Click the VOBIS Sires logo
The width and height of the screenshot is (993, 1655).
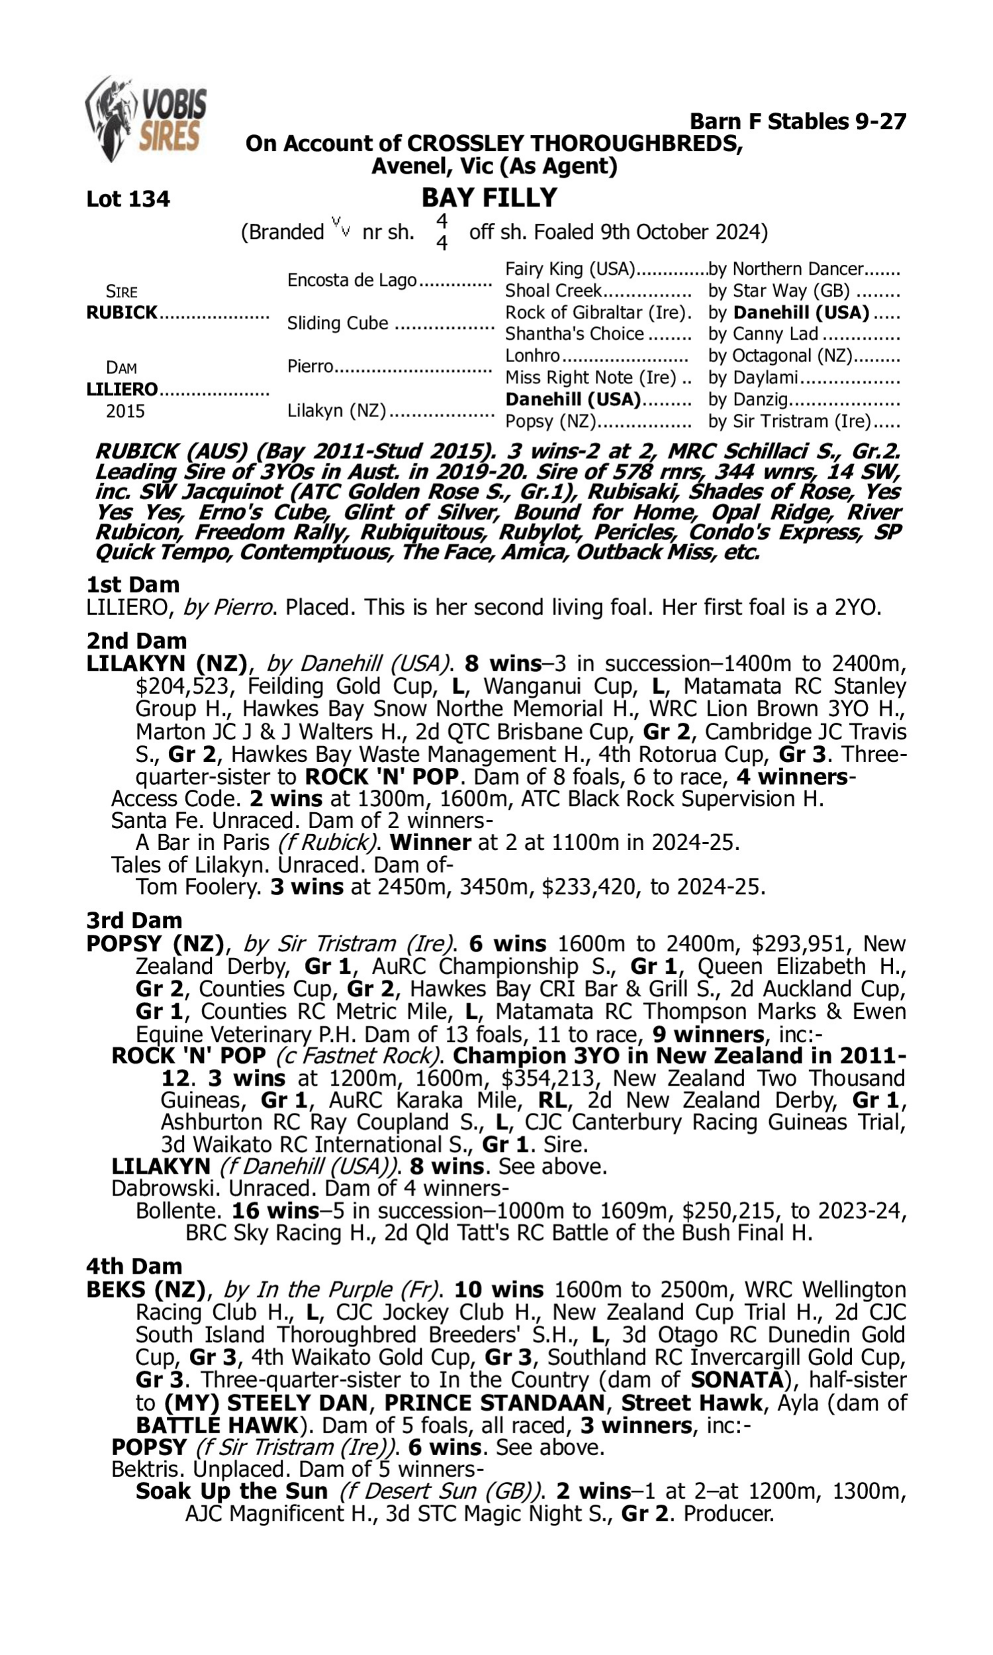(x=146, y=119)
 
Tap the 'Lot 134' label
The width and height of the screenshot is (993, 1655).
(x=128, y=199)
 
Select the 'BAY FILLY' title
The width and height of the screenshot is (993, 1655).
(x=489, y=197)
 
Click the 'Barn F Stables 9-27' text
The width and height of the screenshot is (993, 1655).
(x=798, y=121)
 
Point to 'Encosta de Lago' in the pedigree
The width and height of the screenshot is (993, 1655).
(x=352, y=279)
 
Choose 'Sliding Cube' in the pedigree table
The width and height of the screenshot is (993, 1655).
(x=337, y=323)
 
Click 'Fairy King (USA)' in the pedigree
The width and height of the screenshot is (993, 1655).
(x=569, y=269)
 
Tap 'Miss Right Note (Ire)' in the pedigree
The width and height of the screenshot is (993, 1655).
(x=591, y=377)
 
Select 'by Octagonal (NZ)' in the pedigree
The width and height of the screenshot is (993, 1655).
(x=780, y=356)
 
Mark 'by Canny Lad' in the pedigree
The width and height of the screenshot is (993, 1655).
(x=763, y=334)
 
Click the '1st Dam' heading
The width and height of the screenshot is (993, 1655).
(x=132, y=585)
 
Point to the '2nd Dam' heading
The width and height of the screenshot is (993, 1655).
(x=136, y=641)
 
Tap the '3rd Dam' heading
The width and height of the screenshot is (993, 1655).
(x=134, y=920)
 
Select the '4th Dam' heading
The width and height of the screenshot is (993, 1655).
(x=134, y=1266)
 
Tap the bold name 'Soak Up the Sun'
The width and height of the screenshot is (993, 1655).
(x=232, y=1491)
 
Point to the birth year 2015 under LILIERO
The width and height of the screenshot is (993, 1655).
(x=125, y=411)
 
